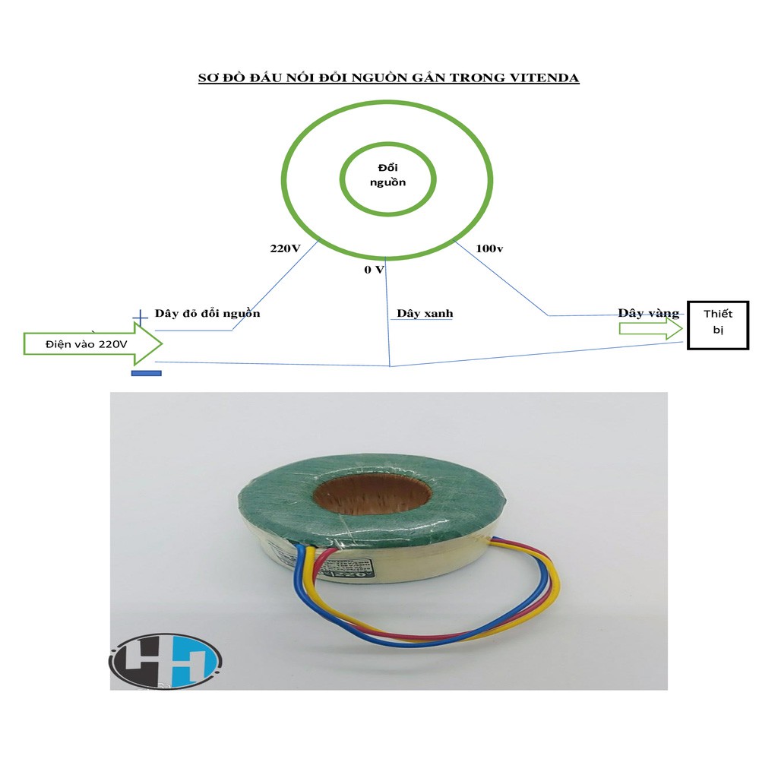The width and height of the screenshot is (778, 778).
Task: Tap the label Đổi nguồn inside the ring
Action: (387, 174)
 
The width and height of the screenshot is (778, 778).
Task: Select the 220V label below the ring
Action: (286, 248)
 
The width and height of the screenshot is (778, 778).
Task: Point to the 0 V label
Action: (374, 270)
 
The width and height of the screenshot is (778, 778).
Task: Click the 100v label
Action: (490, 248)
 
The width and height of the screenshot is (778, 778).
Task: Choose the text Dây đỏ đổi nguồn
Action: (207, 313)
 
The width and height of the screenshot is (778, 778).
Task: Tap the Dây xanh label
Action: (425, 313)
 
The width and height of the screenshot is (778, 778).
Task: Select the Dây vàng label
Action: (648, 313)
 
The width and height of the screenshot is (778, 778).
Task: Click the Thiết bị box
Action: (718, 324)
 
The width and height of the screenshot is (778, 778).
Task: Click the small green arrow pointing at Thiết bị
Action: (650, 328)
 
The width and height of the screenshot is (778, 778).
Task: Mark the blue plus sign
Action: (140, 318)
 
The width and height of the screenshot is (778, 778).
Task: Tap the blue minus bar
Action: (146, 373)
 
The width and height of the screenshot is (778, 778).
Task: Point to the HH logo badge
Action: (165, 663)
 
